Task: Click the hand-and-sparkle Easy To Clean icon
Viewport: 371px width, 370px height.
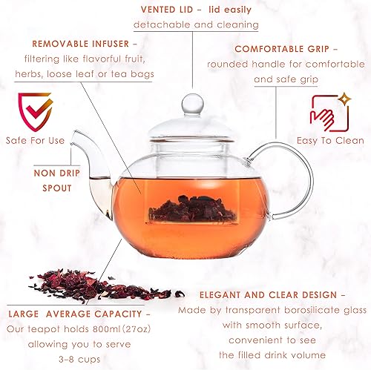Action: [329, 112]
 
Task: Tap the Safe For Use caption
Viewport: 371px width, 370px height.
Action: [36, 141]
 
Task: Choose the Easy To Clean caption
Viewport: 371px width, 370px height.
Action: [332, 140]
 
